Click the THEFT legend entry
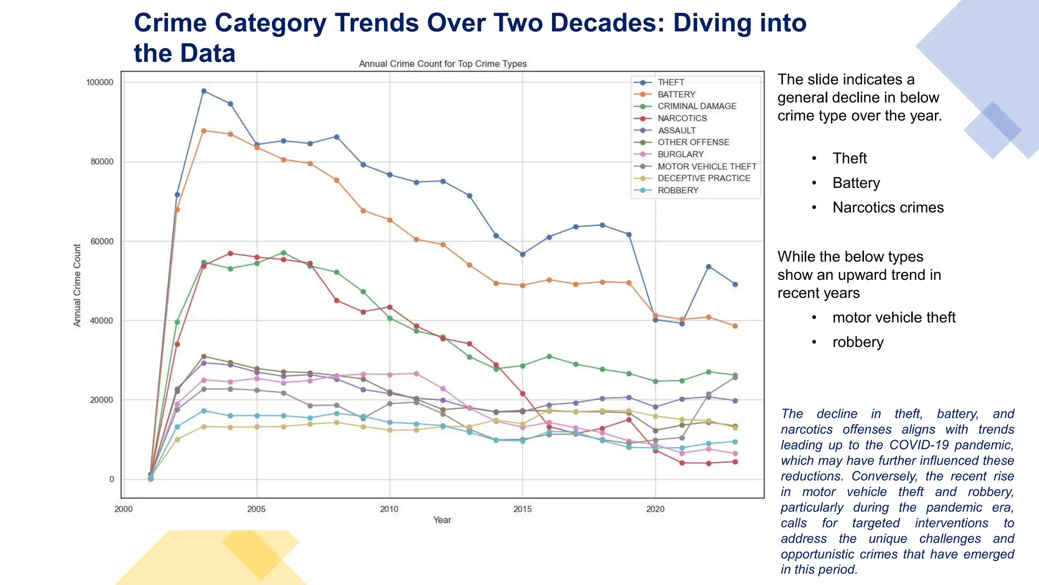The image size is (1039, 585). (671, 82)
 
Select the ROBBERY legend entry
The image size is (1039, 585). (678, 190)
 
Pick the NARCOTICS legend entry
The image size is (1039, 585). (682, 118)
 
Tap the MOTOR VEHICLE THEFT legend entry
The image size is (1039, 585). (707, 167)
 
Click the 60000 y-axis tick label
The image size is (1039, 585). (101, 241)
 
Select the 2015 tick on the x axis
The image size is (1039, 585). (522, 509)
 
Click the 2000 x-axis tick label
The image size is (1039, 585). (123, 509)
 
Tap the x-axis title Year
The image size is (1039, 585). (442, 520)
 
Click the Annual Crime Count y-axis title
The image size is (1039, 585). (77, 285)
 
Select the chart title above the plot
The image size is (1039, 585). (442, 64)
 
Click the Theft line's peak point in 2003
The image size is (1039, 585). (204, 91)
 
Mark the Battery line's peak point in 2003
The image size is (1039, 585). (204, 131)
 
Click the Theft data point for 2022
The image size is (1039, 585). (709, 267)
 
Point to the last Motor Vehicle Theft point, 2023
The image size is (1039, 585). (735, 377)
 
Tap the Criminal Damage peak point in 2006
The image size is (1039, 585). (284, 253)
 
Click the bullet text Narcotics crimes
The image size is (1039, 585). (888, 208)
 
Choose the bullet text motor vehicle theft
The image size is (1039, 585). (893, 318)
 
